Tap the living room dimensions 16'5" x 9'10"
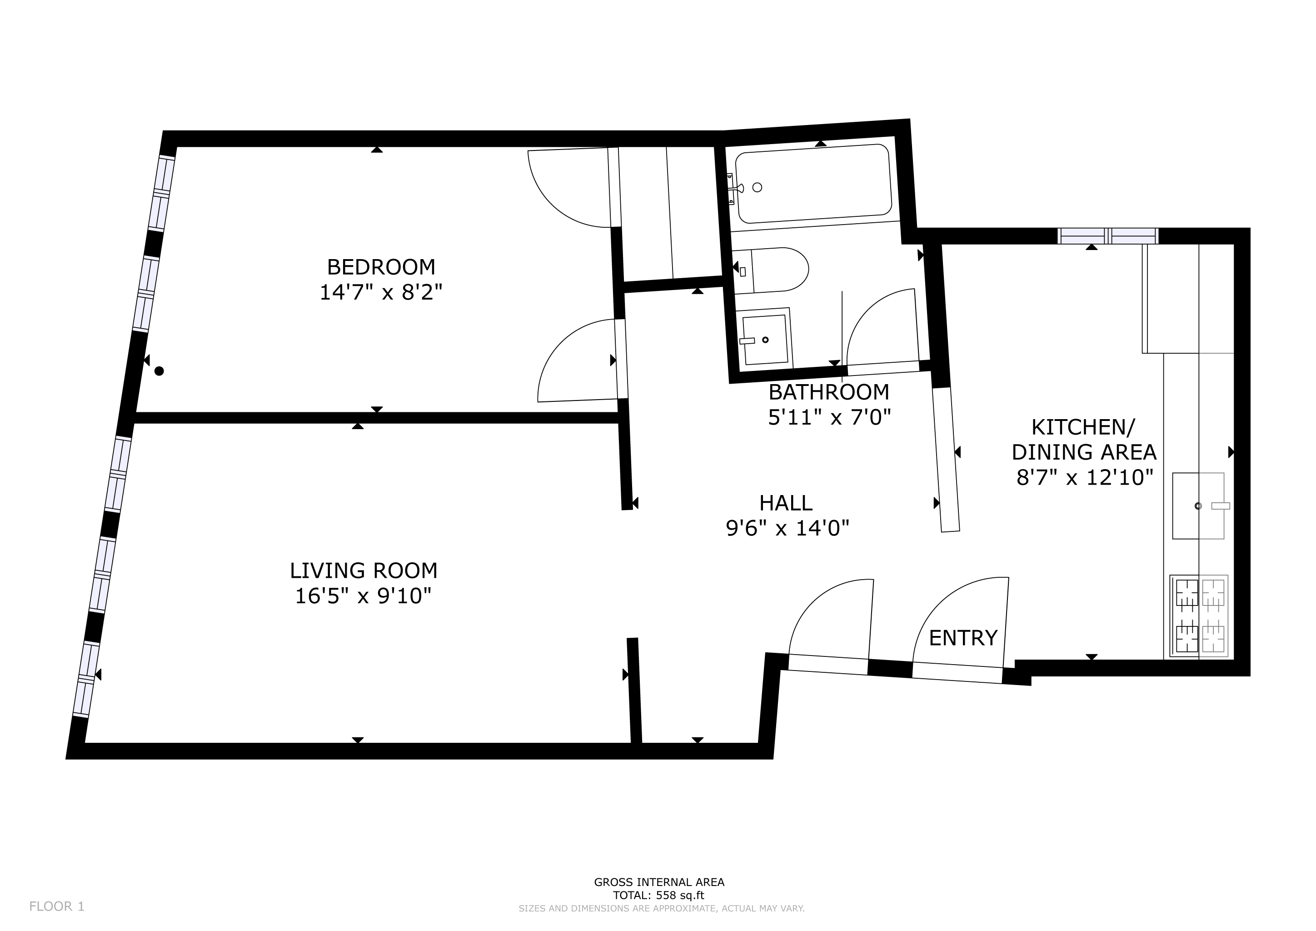click(x=362, y=596)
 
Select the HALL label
click(x=785, y=503)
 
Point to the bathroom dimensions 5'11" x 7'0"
click(x=829, y=417)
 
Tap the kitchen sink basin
click(x=1197, y=506)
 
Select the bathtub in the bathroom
click(x=814, y=184)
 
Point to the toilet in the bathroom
click(x=779, y=270)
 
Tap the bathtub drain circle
click(x=757, y=187)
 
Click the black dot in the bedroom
click(x=160, y=371)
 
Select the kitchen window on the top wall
click(x=1107, y=235)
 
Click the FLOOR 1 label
click(x=57, y=906)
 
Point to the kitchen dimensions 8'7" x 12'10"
click(x=1084, y=477)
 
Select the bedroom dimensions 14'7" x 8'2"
click(x=381, y=292)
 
